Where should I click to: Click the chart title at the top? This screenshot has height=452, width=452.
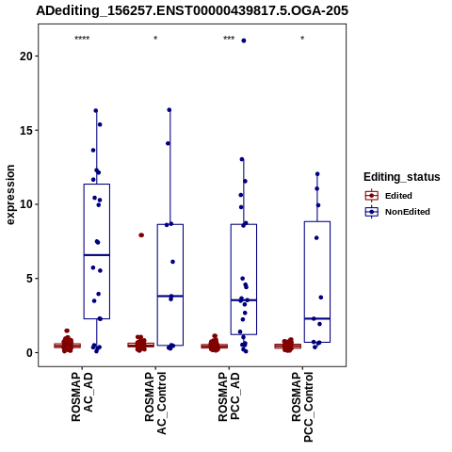point(192,10)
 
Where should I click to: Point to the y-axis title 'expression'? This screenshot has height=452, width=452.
point(10,195)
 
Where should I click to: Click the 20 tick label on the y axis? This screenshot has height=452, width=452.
point(25,56)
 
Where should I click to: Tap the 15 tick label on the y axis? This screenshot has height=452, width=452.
point(25,130)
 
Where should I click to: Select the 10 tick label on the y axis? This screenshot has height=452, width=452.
point(25,204)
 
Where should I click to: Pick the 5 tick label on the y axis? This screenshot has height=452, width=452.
point(29,279)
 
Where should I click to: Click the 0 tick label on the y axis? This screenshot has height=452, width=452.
point(29,352)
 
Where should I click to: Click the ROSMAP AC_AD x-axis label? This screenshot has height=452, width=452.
point(82,396)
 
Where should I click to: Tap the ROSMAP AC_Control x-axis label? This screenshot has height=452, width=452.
point(155,403)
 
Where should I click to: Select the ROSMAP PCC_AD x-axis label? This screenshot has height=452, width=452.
point(229,396)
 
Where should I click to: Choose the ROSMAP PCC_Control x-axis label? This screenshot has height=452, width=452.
point(302,407)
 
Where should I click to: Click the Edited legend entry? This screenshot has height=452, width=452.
point(389,196)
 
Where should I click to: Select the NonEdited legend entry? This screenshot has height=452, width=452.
point(397,212)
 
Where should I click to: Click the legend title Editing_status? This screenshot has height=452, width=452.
point(402,177)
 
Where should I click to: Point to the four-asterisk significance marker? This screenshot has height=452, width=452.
point(82,39)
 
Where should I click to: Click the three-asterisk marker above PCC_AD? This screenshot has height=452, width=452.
point(229,39)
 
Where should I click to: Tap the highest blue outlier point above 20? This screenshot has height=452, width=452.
point(244,40)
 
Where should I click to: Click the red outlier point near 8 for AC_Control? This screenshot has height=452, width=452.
point(141,235)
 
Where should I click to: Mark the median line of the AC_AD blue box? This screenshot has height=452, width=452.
point(97,255)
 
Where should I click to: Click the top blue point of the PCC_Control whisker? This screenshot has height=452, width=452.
point(317,174)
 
